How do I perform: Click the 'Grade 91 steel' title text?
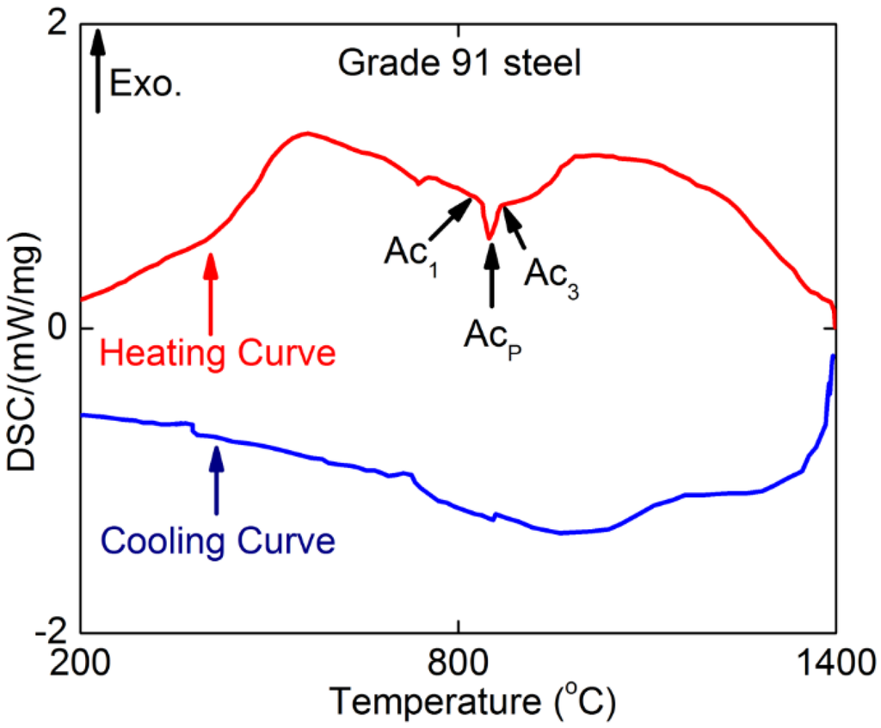point(459,63)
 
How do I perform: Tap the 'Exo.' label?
point(145,84)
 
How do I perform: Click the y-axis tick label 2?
point(58,26)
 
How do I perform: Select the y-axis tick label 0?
point(58,329)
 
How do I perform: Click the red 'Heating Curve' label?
point(217,354)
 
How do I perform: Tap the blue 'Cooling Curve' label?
point(217,543)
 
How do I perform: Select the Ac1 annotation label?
point(410,256)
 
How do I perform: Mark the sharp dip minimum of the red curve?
point(490,238)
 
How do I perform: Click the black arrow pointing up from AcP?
point(491,275)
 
